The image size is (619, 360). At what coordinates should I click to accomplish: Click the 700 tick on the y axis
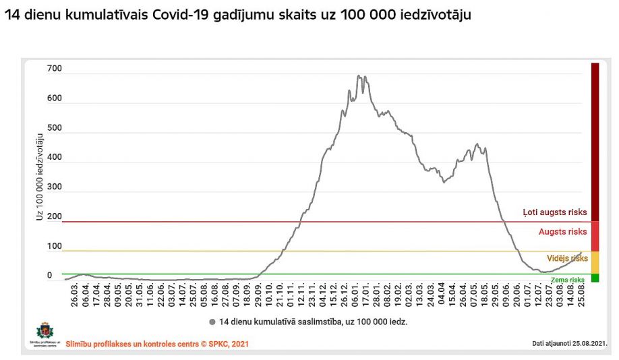coord(54,69)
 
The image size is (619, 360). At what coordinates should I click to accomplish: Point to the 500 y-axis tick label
coord(54,128)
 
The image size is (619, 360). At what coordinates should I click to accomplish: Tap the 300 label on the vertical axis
coord(54,187)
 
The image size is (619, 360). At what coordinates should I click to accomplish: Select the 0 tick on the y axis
coord(50,275)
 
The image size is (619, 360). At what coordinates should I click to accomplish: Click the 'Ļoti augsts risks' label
coord(555,212)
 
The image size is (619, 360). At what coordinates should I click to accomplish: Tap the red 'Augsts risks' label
coord(562,232)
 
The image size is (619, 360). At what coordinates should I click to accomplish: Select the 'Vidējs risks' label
coord(567,258)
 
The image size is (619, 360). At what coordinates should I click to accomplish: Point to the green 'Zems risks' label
coord(567,280)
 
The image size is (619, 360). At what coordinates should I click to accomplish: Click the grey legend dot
coord(212,322)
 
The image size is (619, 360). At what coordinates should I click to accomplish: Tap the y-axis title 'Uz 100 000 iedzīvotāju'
coord(40,179)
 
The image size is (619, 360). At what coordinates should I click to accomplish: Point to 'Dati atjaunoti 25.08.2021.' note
coord(569,343)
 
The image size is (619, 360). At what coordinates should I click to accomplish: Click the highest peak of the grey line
coord(358,76)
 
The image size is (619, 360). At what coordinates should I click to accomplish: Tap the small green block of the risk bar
coord(595,278)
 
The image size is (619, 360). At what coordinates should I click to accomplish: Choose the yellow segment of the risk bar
coord(595,262)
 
